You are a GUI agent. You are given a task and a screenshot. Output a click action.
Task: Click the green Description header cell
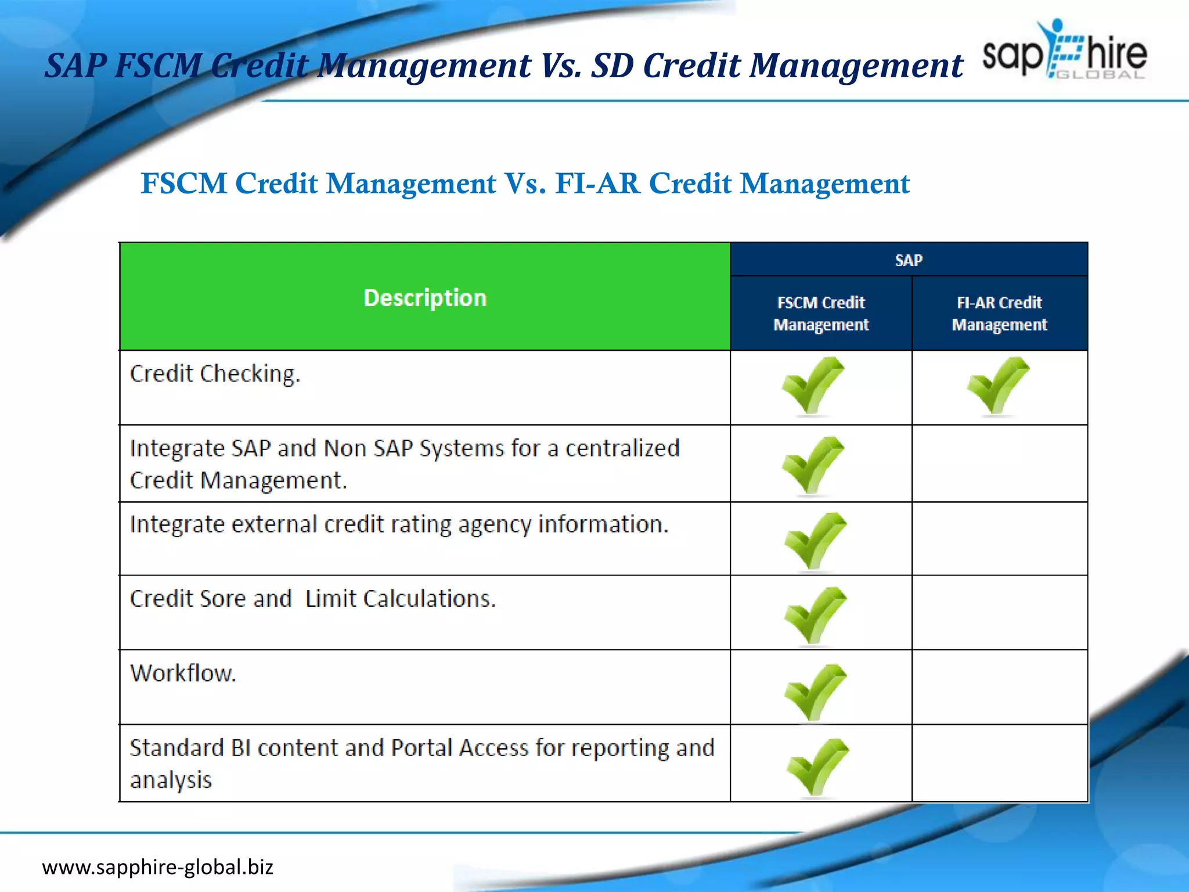coord(424,297)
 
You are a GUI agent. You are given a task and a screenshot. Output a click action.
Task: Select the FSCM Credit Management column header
coord(821,314)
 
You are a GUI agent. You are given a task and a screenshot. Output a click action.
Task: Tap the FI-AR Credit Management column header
coord(999,314)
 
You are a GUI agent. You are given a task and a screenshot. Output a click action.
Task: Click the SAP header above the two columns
coord(909,260)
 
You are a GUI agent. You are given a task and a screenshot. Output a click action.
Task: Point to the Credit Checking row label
coord(215,374)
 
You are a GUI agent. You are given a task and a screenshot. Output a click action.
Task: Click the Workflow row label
coord(183,674)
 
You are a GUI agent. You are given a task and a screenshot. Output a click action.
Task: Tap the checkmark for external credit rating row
coord(815,541)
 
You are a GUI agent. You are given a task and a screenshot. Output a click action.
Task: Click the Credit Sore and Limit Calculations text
coord(312,599)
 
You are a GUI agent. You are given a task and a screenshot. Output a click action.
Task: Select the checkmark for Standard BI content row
coord(817,767)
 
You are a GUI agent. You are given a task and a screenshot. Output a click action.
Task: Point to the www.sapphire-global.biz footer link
coord(157,867)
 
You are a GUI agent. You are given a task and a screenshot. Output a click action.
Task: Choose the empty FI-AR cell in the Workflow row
coord(999,688)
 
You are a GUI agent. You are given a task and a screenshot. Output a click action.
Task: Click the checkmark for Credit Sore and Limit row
coord(815,616)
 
